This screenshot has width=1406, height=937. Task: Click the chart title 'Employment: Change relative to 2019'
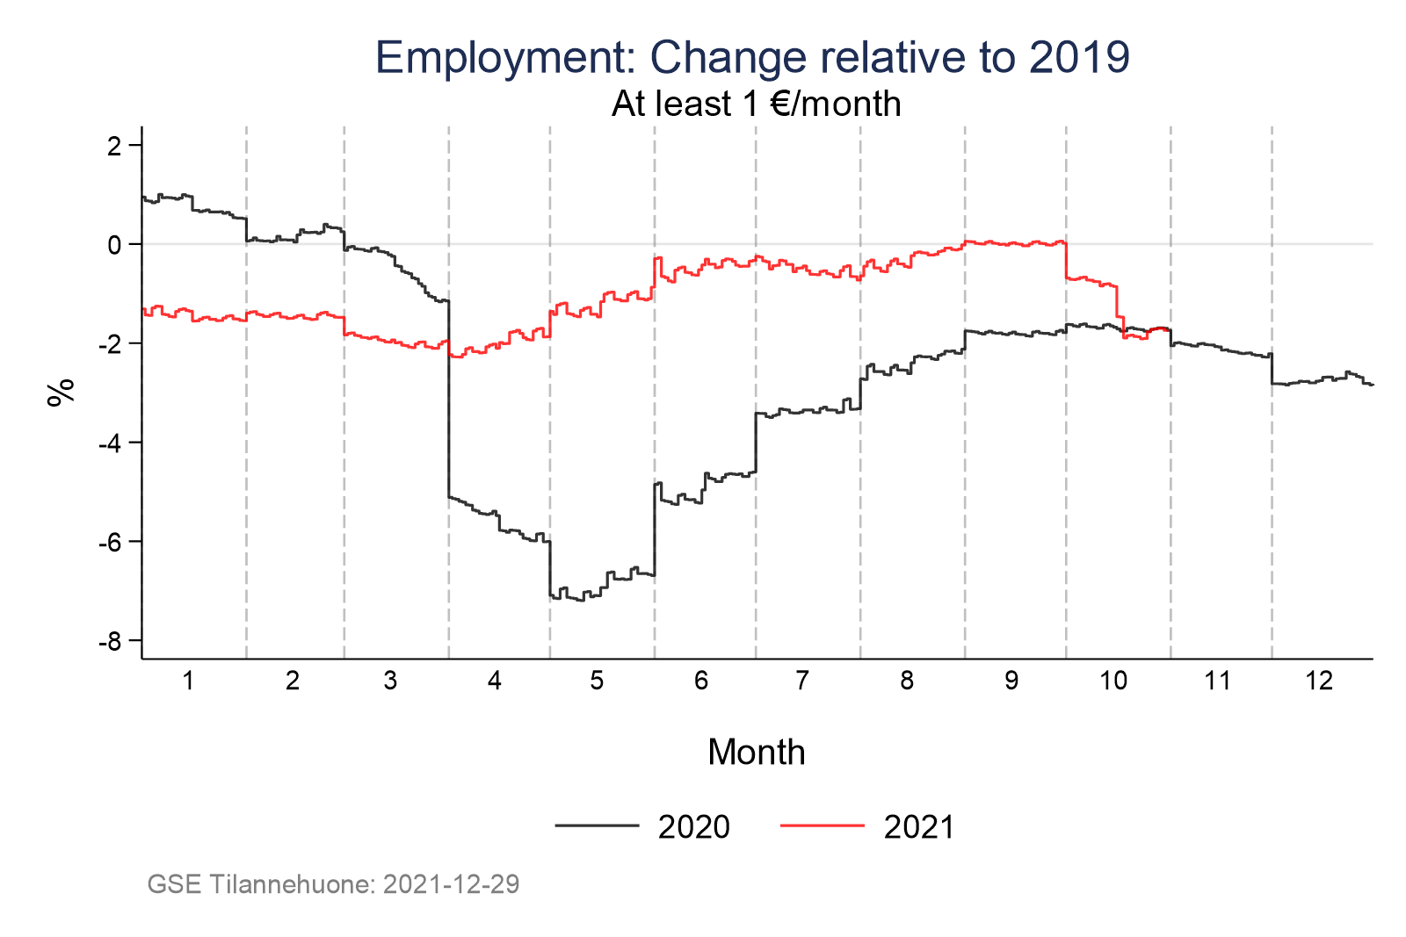(x=752, y=58)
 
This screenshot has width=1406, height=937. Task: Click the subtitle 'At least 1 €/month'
(x=756, y=104)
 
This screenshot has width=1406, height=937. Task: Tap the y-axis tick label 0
(x=113, y=244)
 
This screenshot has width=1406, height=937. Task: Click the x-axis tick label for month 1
(x=188, y=681)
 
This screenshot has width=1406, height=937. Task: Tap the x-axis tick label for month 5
(x=598, y=681)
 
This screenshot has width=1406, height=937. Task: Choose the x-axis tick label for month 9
(x=1011, y=681)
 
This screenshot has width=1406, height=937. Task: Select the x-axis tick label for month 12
(x=1319, y=681)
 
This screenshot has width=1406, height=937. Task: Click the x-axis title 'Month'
(x=756, y=753)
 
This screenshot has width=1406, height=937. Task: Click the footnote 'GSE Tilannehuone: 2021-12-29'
(x=333, y=884)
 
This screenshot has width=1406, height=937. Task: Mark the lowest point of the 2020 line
(x=580, y=601)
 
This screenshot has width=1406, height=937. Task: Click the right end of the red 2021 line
(x=1169, y=331)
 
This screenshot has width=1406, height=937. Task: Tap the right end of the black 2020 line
(x=1372, y=385)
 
